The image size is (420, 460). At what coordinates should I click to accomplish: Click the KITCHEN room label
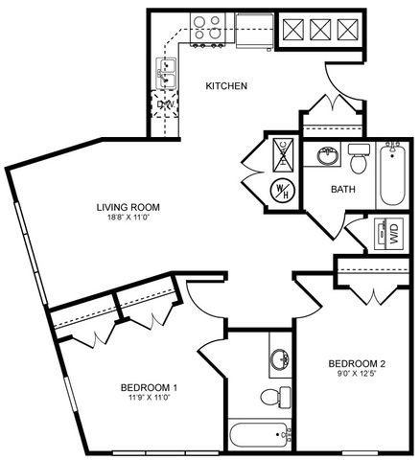pyautogui.click(x=227, y=86)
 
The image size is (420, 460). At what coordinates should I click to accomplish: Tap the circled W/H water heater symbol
pyautogui.click(x=283, y=189)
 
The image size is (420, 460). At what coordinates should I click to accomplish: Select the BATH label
pyautogui.click(x=343, y=189)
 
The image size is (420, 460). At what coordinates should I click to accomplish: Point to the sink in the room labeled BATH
pyautogui.click(x=327, y=155)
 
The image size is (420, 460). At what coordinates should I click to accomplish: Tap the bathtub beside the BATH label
pyautogui.click(x=391, y=178)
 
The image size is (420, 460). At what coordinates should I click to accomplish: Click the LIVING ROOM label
pyautogui.click(x=128, y=206)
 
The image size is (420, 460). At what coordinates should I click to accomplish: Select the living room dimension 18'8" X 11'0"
pyautogui.click(x=128, y=218)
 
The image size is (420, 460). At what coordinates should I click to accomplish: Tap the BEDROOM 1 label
pyautogui.click(x=149, y=387)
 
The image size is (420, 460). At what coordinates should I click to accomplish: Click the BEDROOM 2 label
pyautogui.click(x=357, y=363)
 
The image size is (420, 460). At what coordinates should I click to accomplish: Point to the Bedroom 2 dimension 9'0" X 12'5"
pyautogui.click(x=357, y=375)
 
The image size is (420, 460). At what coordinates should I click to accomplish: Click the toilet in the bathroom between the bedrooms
pyautogui.click(x=272, y=396)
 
